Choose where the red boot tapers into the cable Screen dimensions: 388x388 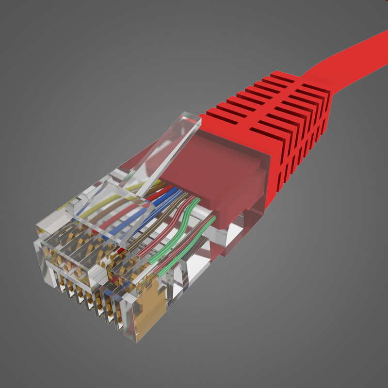[310, 80]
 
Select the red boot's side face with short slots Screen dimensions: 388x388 [301, 145]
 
